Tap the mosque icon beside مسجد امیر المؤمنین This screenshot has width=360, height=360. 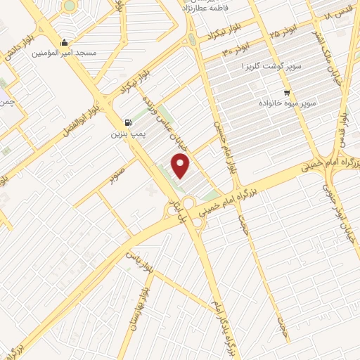[x=65, y=41]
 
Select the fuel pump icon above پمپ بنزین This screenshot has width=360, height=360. [x=127, y=121]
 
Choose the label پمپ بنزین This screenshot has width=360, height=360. [x=127, y=132]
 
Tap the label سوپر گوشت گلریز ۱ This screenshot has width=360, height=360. [x=271, y=65]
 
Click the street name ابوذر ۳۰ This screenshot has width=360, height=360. [x=237, y=49]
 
